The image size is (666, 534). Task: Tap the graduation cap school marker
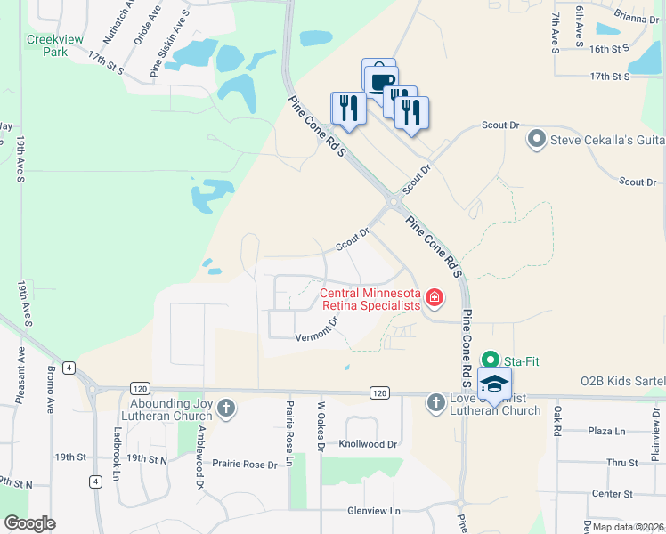[494, 384]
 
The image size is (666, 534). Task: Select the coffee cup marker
[381, 81]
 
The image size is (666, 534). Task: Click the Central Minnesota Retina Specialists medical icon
[435, 297]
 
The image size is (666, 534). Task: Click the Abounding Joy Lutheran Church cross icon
[227, 409]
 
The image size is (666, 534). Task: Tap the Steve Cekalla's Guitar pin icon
[536, 139]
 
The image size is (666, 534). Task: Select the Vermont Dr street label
[317, 330]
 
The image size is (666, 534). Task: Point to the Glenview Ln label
[374, 511]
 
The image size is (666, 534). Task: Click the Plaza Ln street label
[609, 431]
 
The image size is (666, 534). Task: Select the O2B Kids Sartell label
[622, 381]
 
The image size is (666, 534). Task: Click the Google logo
[29, 523]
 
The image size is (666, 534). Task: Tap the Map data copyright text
[628, 527]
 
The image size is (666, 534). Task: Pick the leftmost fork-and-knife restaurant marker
[346, 109]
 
